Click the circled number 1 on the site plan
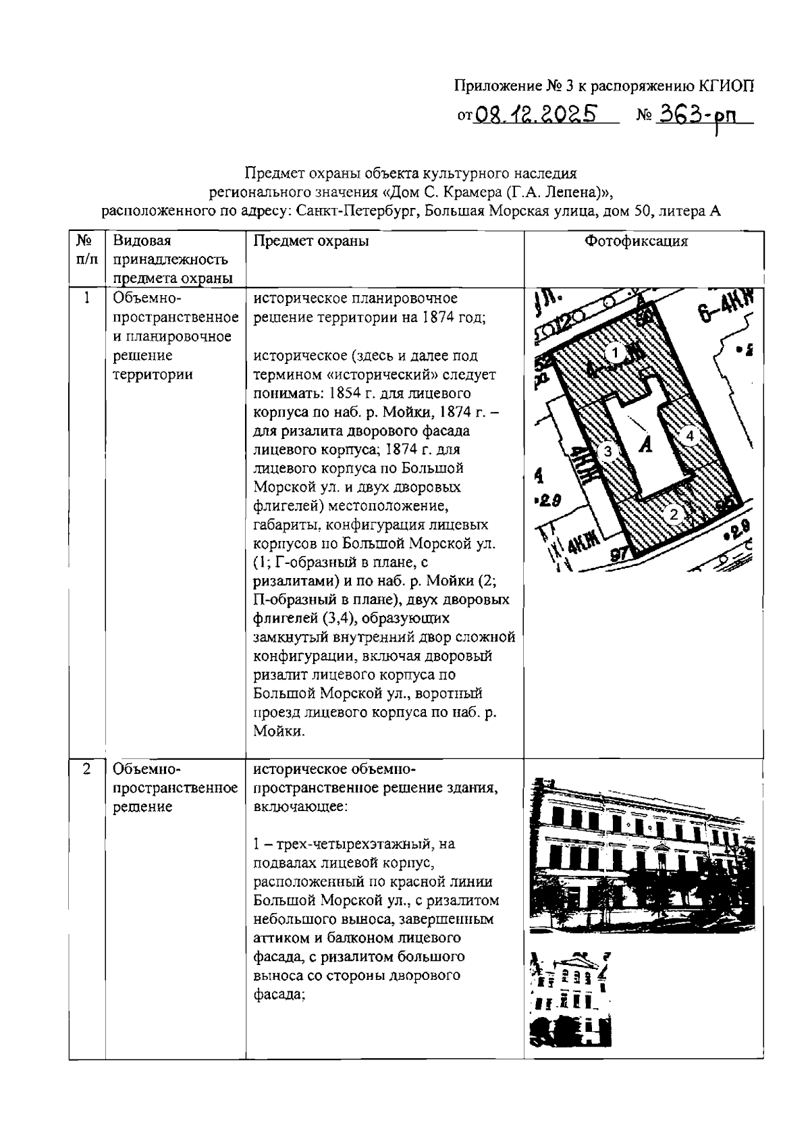tap(614, 352)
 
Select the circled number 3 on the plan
tap(607, 451)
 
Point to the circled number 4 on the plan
tap(689, 436)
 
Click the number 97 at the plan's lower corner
tap(619, 554)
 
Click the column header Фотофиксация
tap(636, 242)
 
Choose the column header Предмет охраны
tap(311, 242)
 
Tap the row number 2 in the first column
tap(86, 769)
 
